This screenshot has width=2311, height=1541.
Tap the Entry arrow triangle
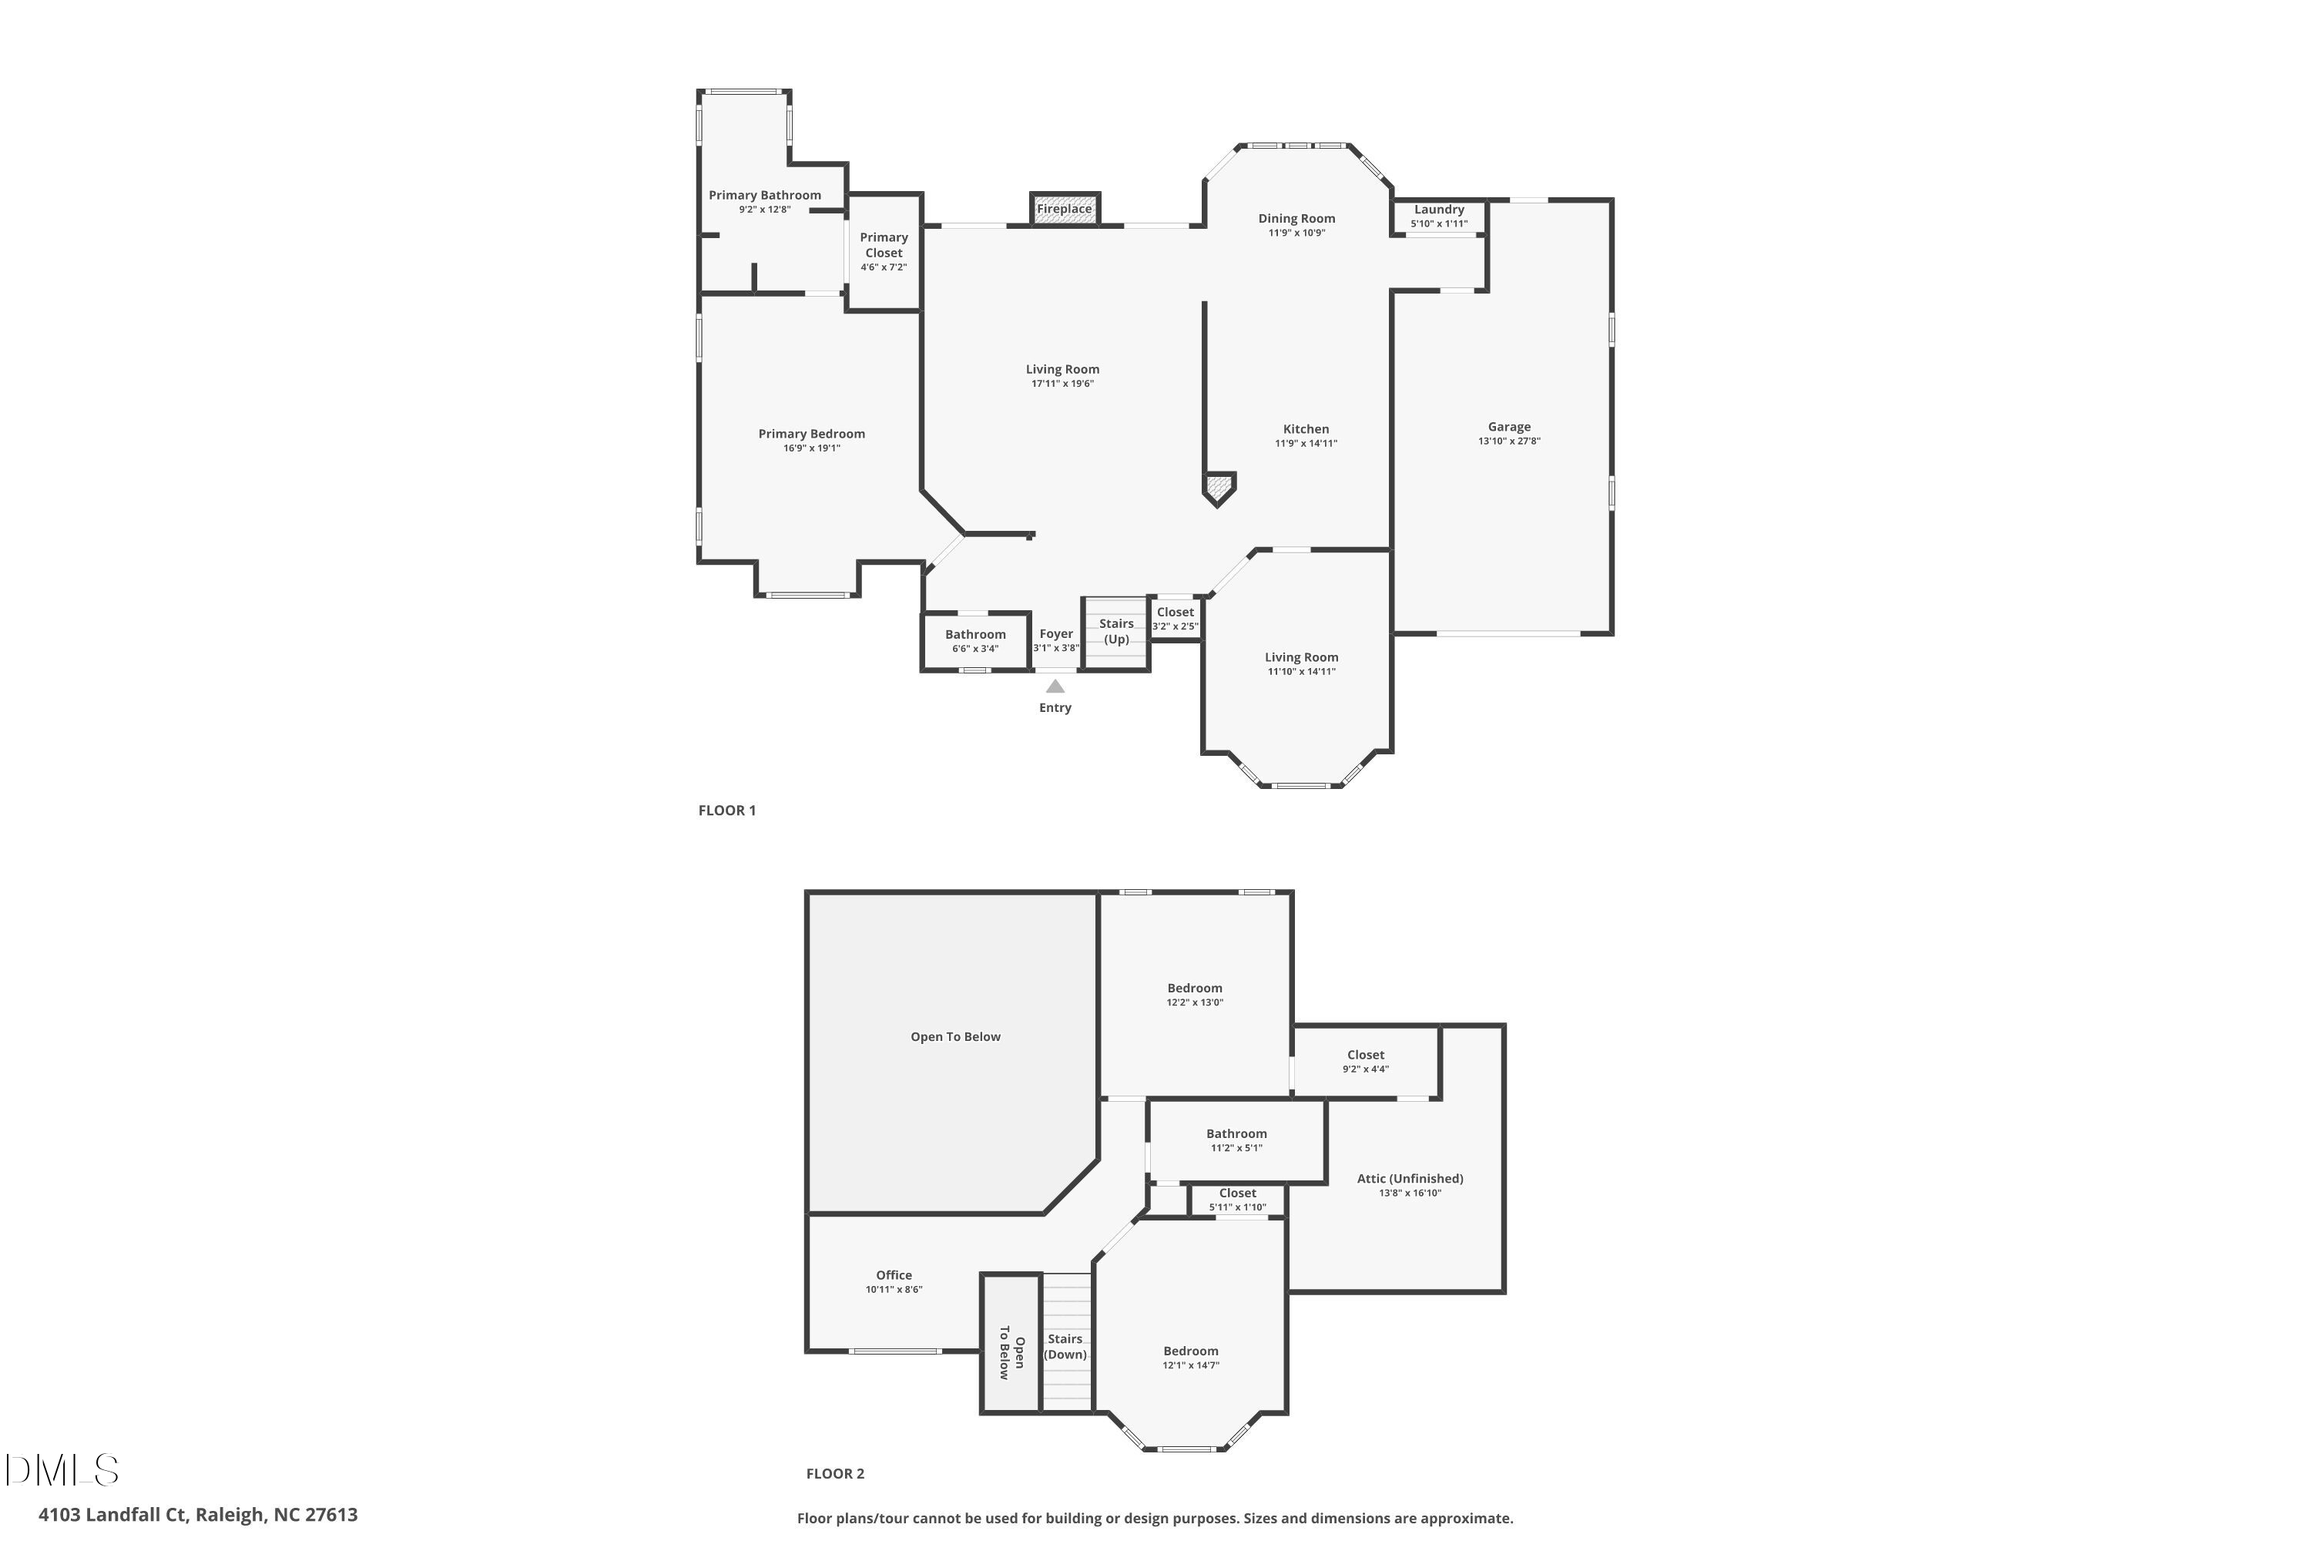(x=1055, y=686)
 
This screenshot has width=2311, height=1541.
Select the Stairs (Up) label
(x=1116, y=631)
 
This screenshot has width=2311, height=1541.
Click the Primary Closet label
(x=884, y=245)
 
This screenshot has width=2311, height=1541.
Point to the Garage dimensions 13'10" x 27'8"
(x=1509, y=441)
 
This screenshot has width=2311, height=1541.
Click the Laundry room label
(x=1440, y=210)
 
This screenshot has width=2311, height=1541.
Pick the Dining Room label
(x=1296, y=218)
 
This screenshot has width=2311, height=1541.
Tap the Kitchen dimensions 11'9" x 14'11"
(x=1306, y=443)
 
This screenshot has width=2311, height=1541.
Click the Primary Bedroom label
(x=812, y=433)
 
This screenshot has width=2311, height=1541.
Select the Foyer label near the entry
(x=1056, y=634)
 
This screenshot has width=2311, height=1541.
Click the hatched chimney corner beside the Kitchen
(x=1219, y=486)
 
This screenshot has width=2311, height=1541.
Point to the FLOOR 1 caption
(x=727, y=810)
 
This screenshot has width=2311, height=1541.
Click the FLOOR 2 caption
(x=835, y=1473)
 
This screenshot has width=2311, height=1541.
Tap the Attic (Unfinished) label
(x=1410, y=1178)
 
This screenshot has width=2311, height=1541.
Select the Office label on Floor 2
(x=894, y=1274)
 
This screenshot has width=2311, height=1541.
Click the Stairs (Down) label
(x=1065, y=1346)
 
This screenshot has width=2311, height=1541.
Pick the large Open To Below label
(x=955, y=1037)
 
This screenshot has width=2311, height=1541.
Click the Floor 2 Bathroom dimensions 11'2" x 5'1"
(x=1236, y=1148)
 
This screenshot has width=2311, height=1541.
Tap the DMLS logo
(x=61, y=1470)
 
